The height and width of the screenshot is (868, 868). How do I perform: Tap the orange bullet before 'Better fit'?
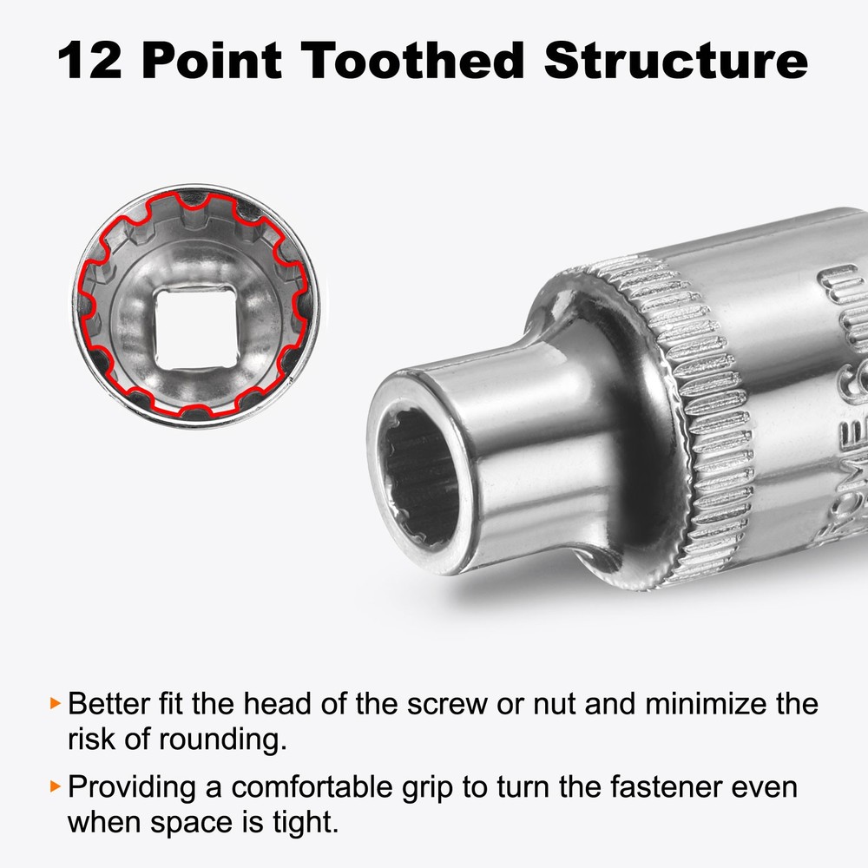pos(56,702)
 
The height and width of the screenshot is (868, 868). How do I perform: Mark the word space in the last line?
pos(202,823)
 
